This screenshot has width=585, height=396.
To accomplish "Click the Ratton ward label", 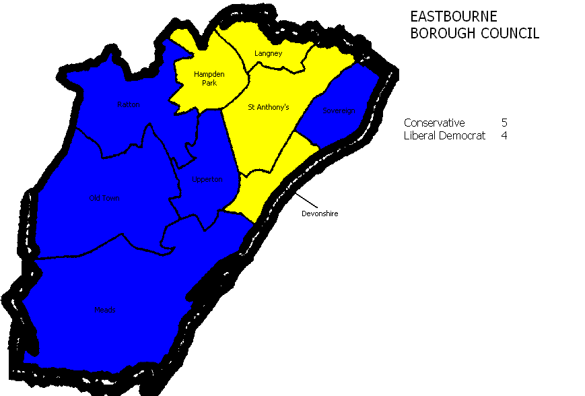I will tap(129, 105).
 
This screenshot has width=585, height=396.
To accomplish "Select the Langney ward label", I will tap(268, 53).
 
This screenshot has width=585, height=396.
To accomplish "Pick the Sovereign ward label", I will tap(338, 110).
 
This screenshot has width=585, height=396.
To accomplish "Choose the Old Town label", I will tap(104, 198).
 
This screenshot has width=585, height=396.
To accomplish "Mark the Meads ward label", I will tap(105, 310).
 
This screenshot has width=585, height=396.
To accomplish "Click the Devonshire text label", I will tap(320, 213).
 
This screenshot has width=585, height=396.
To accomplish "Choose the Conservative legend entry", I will tap(434, 123).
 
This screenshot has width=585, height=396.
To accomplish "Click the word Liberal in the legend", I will tap(419, 135).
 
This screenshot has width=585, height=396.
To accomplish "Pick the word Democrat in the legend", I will tap(460, 135).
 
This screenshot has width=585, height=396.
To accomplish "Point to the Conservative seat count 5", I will tap(505, 123).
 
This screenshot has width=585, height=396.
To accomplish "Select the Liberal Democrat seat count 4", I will tap(505, 135).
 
